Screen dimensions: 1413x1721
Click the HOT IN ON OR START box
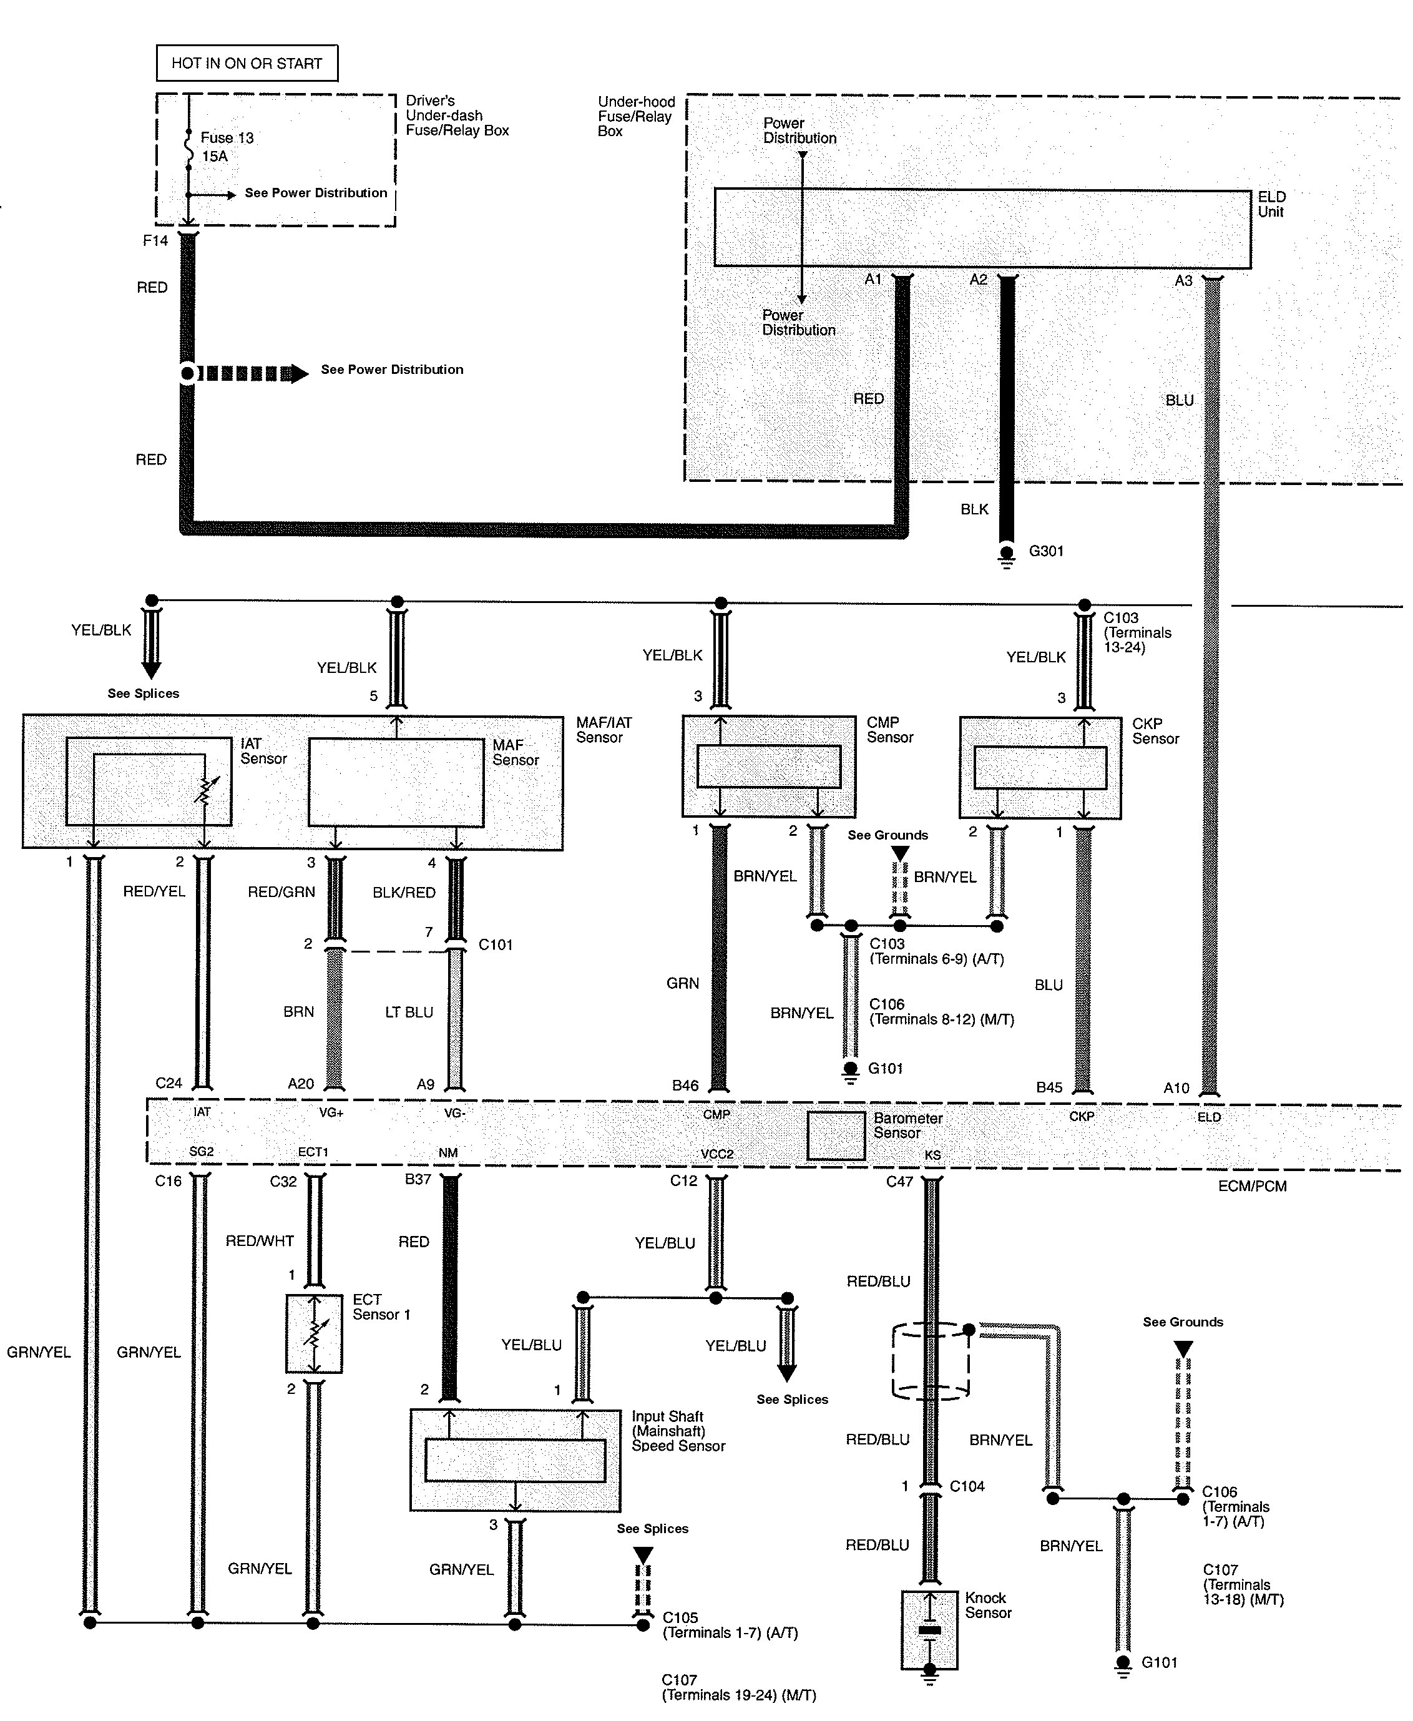coord(247,62)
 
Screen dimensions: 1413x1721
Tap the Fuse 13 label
coord(227,137)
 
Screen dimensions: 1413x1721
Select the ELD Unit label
coord(1271,204)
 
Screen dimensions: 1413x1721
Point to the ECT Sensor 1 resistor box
coord(314,1333)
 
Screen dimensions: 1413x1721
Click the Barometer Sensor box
coord(836,1135)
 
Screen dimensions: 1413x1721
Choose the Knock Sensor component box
coord(929,1630)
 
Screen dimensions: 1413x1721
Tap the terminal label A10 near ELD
coord(1176,1087)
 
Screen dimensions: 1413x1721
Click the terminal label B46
coord(685,1085)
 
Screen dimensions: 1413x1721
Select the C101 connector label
coord(496,944)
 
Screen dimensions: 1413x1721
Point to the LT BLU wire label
coord(409,1012)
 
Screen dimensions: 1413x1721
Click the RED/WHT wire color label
coord(260,1241)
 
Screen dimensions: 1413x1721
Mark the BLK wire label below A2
coord(974,509)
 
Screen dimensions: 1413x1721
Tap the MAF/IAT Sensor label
coord(604,730)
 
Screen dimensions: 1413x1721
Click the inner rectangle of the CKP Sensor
coord(1040,767)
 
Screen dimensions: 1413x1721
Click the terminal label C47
coord(899,1181)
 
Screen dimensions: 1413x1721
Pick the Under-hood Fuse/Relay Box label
coord(637,116)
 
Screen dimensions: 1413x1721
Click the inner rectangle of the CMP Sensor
coord(768,766)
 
